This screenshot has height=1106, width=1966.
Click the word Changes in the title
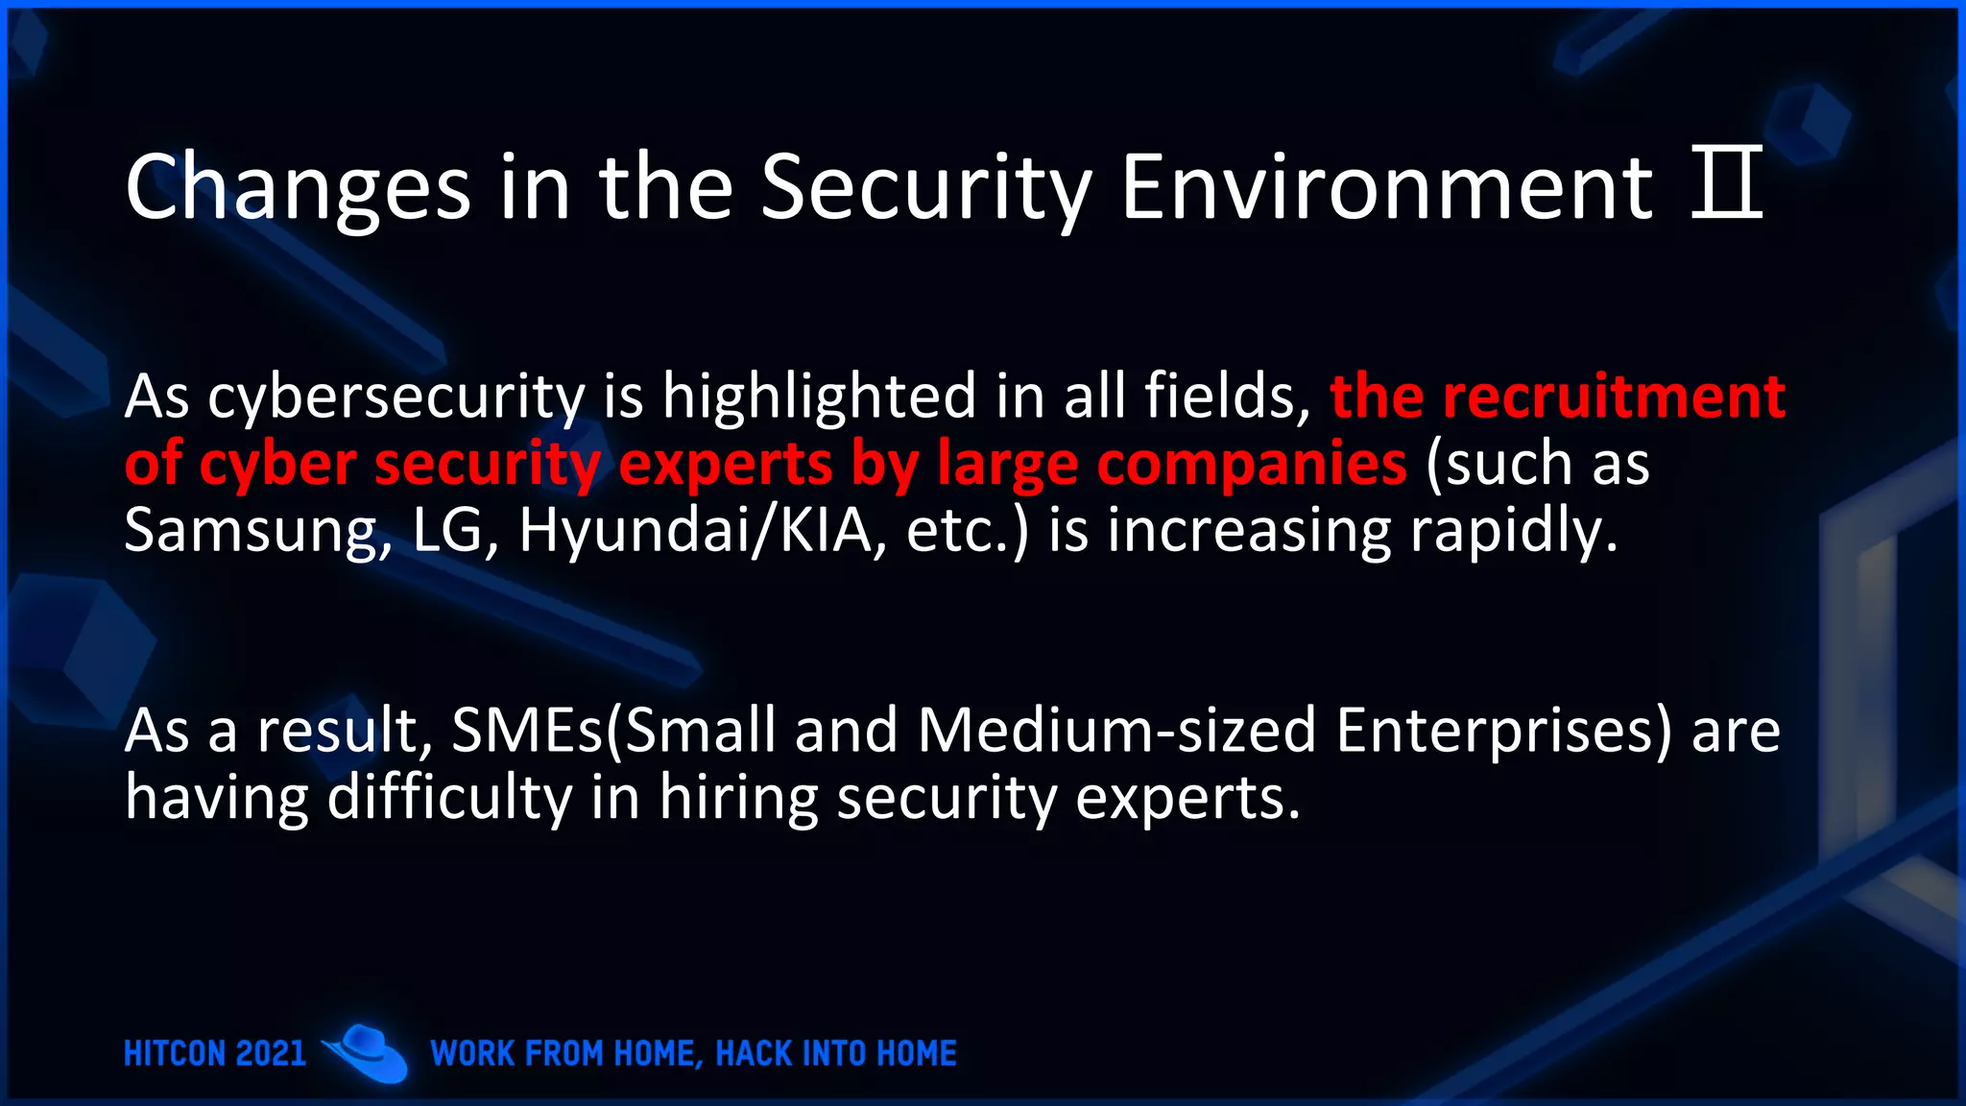point(298,187)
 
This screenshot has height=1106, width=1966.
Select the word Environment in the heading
point(1387,187)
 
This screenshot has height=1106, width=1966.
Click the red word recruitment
point(1614,397)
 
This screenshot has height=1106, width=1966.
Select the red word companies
point(1252,464)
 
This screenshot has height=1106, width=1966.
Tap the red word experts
point(726,464)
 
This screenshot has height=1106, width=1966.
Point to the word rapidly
point(1514,531)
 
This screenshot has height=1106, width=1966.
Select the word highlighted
point(819,397)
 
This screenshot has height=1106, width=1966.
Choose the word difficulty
point(449,798)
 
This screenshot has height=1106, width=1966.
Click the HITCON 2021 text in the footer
point(215,1053)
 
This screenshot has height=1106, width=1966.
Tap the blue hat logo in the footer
point(367,1052)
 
